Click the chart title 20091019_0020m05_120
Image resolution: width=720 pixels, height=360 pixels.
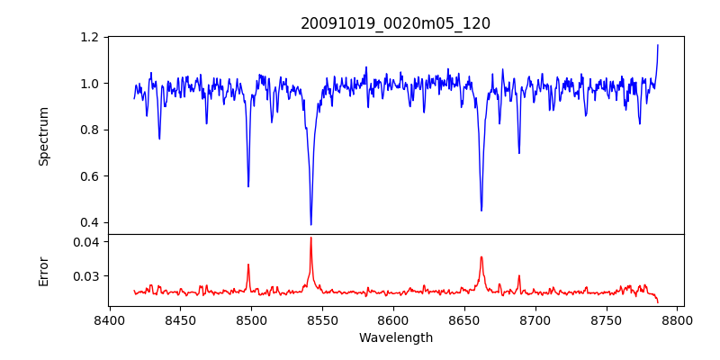[395, 23]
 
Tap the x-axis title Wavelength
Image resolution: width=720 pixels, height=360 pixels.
[395, 338]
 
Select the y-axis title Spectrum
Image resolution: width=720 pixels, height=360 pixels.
[44, 136]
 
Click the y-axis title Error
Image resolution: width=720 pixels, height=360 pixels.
[44, 270]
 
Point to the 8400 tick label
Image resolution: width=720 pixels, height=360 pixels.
[109, 320]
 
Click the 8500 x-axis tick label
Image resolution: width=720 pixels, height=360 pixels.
[251, 320]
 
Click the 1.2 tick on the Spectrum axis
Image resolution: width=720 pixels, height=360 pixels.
[90, 38]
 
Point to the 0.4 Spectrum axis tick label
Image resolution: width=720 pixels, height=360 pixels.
[90, 222]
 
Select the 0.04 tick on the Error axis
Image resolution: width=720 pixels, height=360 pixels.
[85, 242]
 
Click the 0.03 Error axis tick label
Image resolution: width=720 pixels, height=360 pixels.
[85, 276]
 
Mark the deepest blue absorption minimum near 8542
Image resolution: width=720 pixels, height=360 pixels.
[310, 224]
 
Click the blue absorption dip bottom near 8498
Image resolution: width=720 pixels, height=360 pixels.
[248, 186]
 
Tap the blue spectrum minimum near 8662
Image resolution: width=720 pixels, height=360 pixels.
[481, 211]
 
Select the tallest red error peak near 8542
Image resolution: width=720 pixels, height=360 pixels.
[310, 238]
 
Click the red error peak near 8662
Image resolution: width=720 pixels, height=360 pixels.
[481, 257]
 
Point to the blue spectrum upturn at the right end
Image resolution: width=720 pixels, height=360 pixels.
[657, 47]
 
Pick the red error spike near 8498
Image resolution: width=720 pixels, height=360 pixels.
[248, 265]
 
